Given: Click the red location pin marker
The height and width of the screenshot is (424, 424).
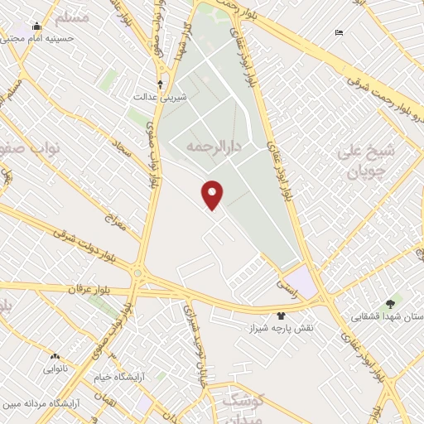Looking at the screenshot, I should coord(213,193).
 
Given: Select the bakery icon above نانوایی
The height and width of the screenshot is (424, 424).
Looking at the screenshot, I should coord(55,356).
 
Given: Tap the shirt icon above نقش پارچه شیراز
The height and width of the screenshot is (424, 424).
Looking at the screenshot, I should coord(282,316).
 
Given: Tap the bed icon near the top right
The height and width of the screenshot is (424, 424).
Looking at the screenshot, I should coord(339,32).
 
